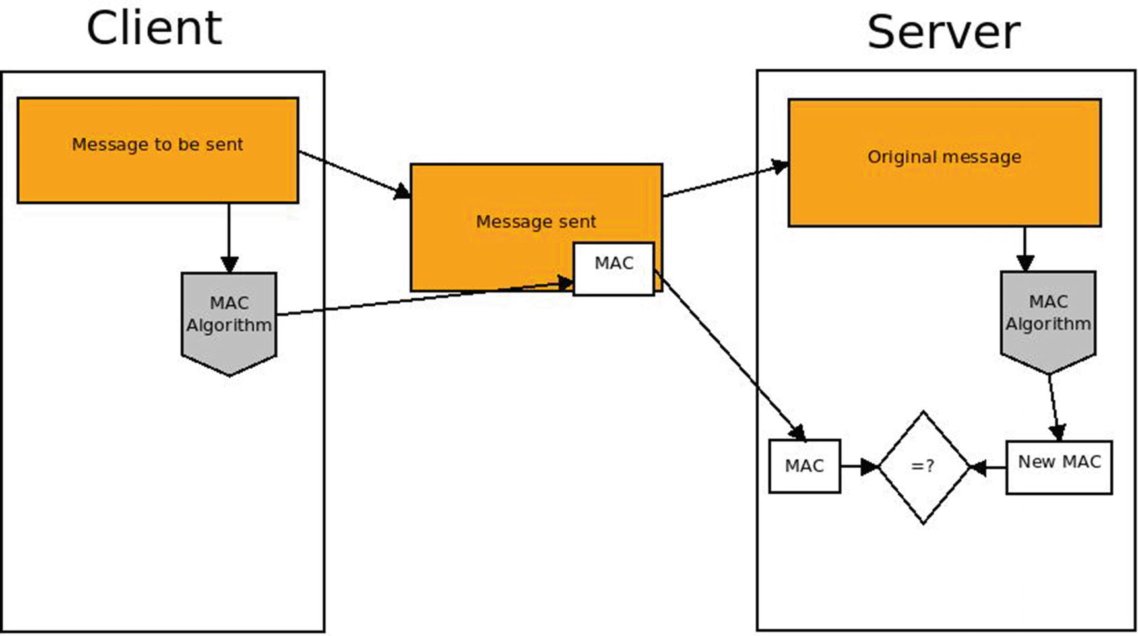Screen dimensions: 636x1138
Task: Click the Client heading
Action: point(154,28)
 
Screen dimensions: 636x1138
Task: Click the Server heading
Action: point(943,32)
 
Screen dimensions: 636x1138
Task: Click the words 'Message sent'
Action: point(536,222)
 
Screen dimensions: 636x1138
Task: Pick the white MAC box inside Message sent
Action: point(614,269)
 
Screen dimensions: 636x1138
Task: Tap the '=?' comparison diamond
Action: point(923,467)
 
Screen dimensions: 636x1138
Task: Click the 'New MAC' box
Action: point(1059,467)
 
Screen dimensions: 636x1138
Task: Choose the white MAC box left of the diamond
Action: point(804,466)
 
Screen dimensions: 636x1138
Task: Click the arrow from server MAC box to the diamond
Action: point(859,466)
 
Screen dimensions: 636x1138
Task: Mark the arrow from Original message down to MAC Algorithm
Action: point(1025,248)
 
